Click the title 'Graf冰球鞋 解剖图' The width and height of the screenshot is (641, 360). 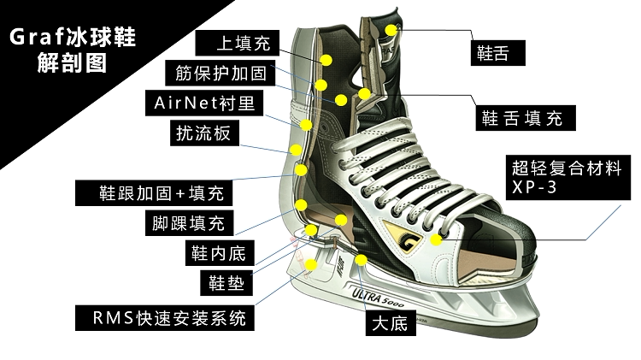(73, 50)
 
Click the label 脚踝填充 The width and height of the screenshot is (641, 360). (184, 224)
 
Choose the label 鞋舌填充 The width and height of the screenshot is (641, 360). (521, 118)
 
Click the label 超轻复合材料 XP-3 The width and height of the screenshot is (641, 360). (565, 176)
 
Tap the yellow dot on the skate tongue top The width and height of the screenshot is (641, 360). (391, 30)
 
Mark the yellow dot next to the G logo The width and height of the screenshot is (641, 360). (437, 240)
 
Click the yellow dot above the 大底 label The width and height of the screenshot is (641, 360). (362, 258)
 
